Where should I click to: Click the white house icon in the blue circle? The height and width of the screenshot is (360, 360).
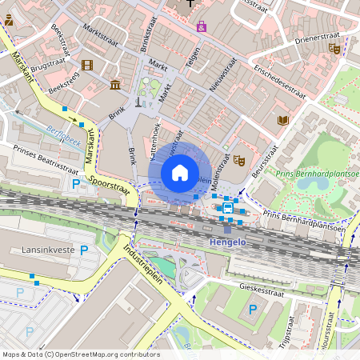pyautogui.click(x=180, y=172)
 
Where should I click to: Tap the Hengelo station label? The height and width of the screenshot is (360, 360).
pyautogui.click(x=228, y=240)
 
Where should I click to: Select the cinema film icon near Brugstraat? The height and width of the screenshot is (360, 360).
pyautogui.click(x=87, y=65)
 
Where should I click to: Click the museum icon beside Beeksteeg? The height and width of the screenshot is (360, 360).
pyautogui.click(x=116, y=84)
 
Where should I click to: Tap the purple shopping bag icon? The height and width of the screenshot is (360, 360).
pyautogui.click(x=201, y=26)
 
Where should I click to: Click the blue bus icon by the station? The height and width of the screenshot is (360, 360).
pyautogui.click(x=228, y=209)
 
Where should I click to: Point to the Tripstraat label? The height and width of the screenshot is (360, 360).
pyautogui.click(x=310, y=323)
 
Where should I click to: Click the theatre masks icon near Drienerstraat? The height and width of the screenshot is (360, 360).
pyautogui.click(x=334, y=49)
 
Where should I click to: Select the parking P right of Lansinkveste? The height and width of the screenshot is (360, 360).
pyautogui.click(x=84, y=250)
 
